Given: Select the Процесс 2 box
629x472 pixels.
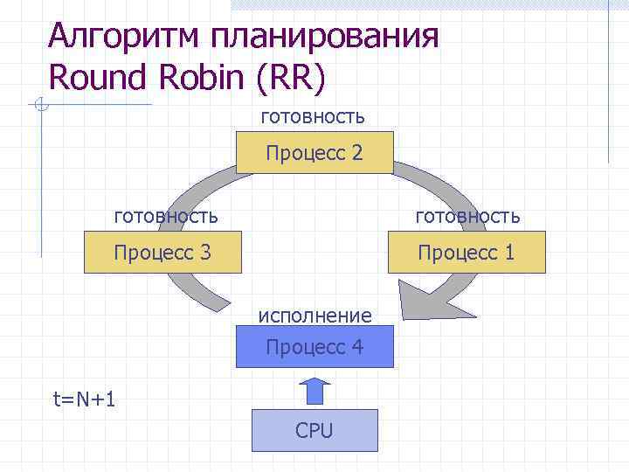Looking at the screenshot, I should [x=314, y=154].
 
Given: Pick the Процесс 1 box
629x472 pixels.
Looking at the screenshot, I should [x=466, y=253].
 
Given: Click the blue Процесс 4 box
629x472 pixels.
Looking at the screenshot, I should [x=314, y=347].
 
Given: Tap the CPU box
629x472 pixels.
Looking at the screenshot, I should [x=314, y=430].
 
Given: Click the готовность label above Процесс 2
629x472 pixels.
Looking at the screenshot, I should [x=312, y=116].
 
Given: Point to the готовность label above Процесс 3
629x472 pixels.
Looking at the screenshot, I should [x=167, y=215].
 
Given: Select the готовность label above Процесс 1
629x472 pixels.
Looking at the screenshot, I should [x=467, y=215].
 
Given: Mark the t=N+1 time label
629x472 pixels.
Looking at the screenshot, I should [x=86, y=399].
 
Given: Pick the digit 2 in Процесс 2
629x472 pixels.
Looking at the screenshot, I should [x=356, y=154].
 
